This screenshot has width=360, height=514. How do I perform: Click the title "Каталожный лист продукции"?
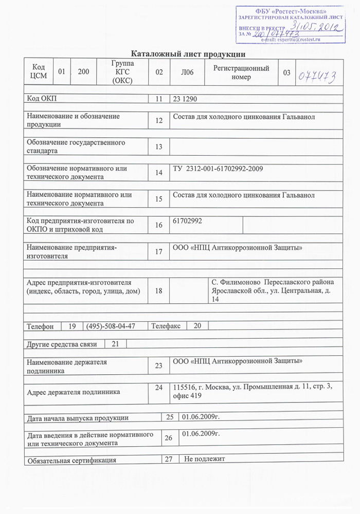(x=188, y=54)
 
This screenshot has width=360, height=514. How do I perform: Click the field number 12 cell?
(x=158, y=121)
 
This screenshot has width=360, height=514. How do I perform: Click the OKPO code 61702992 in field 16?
(x=188, y=221)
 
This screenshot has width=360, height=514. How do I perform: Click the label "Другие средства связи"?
(x=62, y=344)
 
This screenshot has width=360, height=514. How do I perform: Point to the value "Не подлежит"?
(x=205, y=458)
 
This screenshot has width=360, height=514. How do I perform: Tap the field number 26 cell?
(x=168, y=438)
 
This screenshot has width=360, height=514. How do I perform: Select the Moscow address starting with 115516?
(x=253, y=392)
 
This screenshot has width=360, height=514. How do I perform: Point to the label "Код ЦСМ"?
(x=39, y=72)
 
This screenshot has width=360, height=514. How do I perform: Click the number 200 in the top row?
(x=83, y=72)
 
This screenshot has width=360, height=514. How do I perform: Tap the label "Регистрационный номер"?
(x=241, y=72)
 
